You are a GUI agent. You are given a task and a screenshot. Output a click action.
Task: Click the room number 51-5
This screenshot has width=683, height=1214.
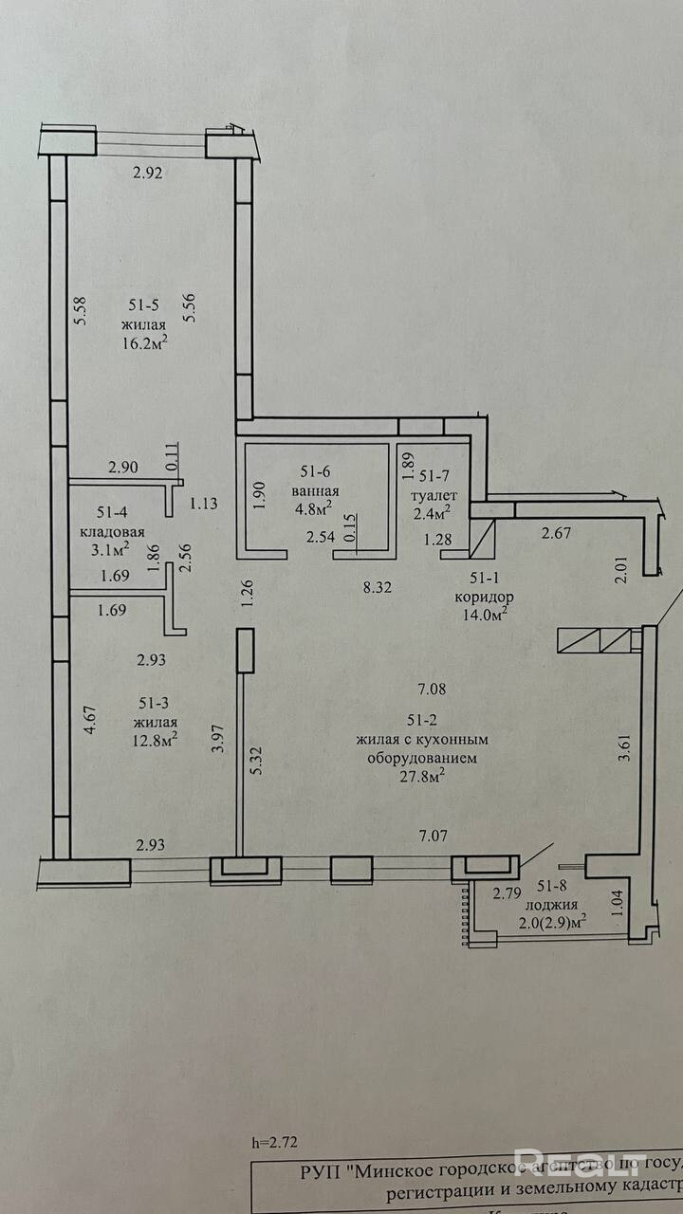pos(145,304)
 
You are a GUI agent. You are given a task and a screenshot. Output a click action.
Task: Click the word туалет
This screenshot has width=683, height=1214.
pos(434,495)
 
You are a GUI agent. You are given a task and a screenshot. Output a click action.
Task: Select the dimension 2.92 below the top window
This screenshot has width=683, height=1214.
pos(149,173)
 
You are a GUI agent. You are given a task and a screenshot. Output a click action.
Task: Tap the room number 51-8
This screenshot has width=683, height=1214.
pos(554,886)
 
